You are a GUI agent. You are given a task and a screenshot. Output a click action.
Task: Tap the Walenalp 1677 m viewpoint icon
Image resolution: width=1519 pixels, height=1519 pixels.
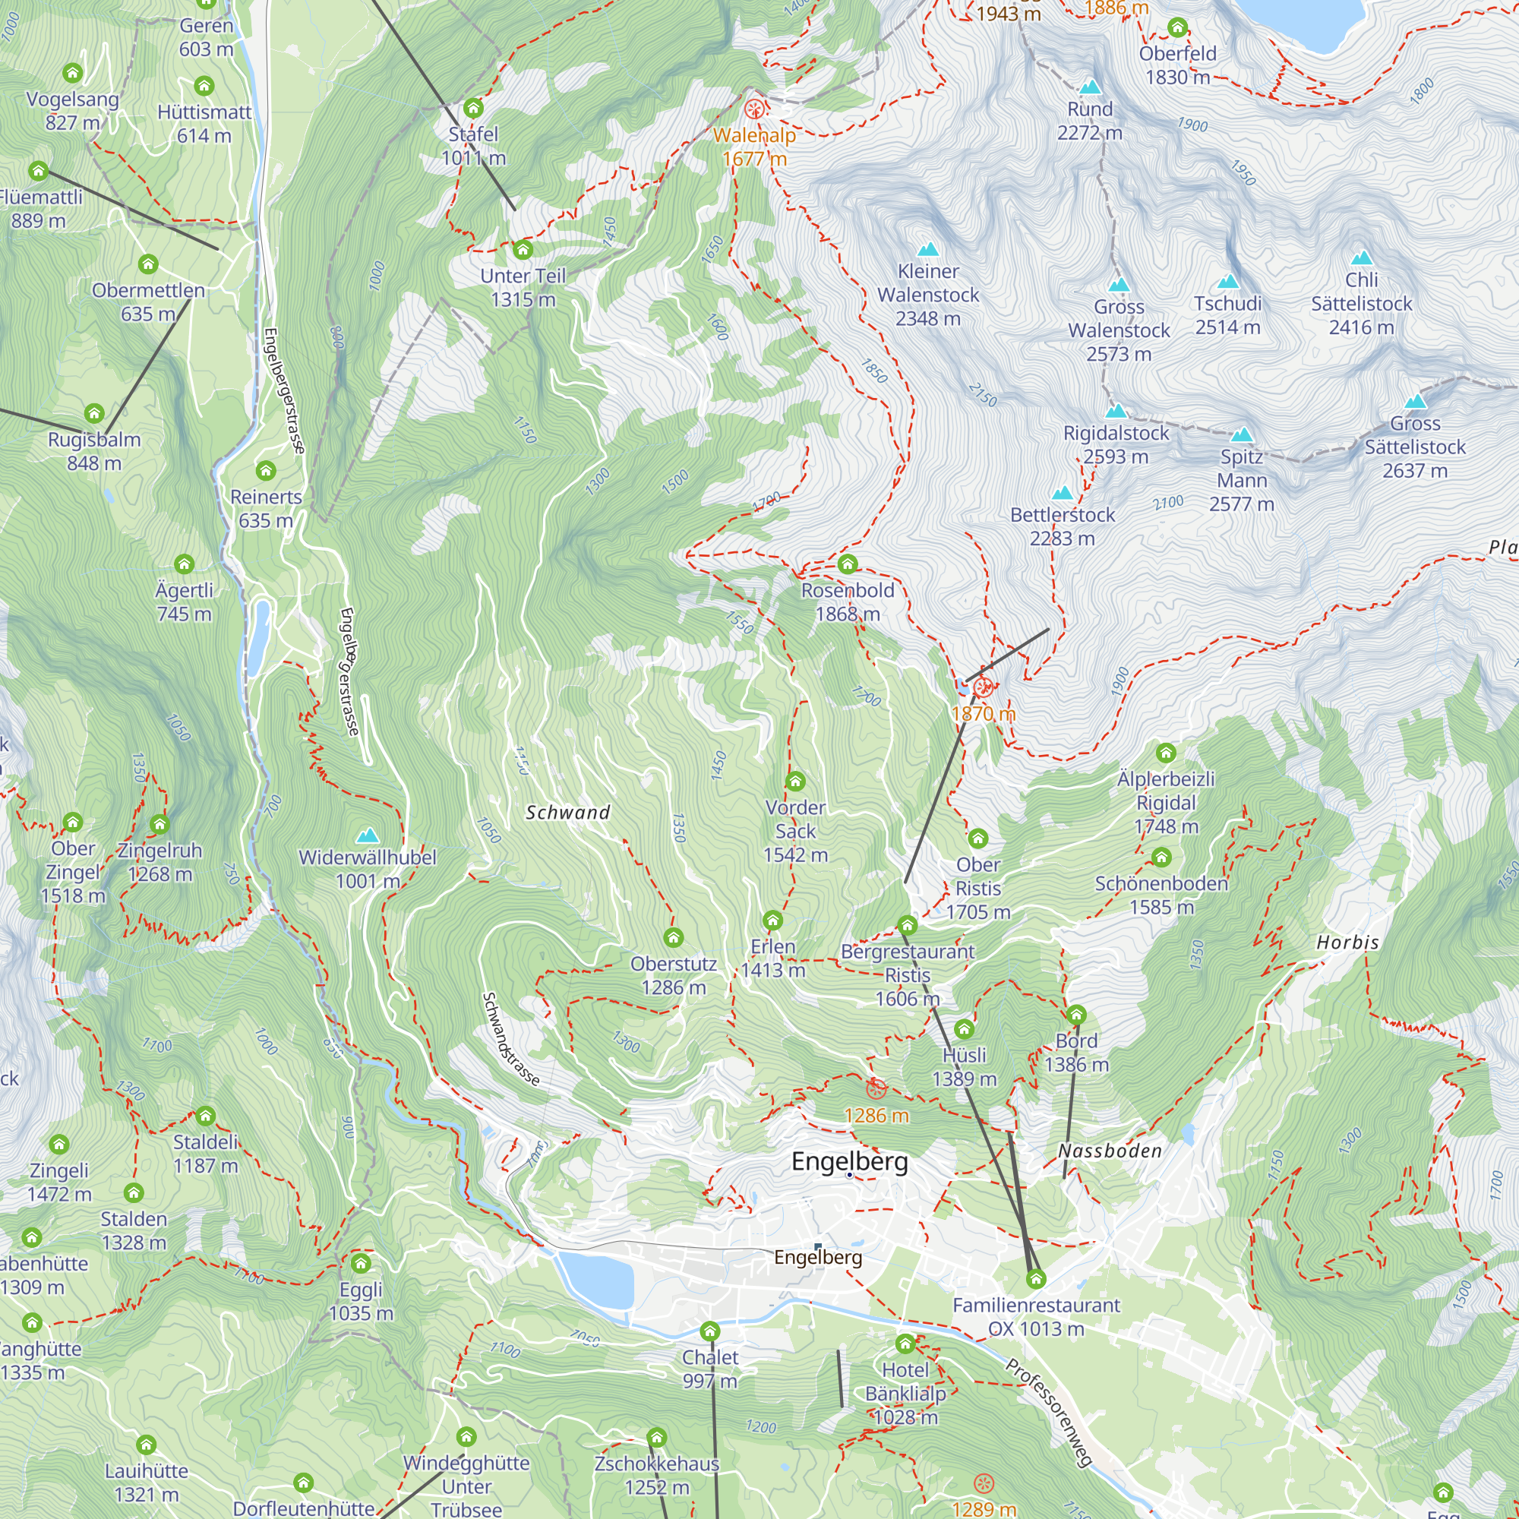[x=754, y=109]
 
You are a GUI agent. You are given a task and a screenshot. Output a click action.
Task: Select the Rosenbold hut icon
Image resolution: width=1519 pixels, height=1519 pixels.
[x=847, y=564]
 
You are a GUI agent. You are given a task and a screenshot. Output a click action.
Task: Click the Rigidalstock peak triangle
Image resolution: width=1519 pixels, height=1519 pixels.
[x=1116, y=410]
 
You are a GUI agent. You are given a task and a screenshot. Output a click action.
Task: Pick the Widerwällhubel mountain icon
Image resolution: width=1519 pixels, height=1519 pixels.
[x=367, y=835]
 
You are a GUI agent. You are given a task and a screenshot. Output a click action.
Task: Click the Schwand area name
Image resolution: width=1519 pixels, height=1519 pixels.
[x=567, y=812]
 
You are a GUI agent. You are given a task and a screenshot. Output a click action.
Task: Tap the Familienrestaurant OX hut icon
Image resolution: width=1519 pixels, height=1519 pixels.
[x=1035, y=1279]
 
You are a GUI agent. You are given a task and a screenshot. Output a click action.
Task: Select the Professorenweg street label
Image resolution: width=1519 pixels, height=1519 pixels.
[x=1049, y=1411]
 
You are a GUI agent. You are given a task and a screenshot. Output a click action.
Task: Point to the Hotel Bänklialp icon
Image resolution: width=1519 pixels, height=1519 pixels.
[x=905, y=1344]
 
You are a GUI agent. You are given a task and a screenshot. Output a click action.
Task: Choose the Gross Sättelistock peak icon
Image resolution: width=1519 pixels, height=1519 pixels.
[x=1415, y=402]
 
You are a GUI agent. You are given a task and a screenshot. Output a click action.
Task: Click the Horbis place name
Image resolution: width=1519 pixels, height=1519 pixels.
[x=1347, y=942]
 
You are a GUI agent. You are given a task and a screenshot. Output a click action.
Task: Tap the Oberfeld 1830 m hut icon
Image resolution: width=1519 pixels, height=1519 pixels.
[x=1177, y=27]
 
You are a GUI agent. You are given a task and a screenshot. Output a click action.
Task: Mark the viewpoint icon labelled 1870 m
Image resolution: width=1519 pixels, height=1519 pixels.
[x=983, y=688]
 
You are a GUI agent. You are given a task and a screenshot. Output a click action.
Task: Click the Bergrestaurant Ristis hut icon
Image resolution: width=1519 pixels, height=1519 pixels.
[x=908, y=924]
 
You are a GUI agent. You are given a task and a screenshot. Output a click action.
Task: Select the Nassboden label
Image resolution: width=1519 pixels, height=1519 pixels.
[x=1110, y=1151]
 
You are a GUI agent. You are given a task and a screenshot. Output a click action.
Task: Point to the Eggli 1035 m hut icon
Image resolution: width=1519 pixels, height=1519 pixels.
[x=361, y=1264]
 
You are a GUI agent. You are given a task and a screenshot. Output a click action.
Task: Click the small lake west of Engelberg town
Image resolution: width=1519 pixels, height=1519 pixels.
[x=596, y=1280]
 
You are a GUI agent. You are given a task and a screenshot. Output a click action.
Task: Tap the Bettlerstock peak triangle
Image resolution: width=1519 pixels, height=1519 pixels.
[x=1063, y=493]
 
